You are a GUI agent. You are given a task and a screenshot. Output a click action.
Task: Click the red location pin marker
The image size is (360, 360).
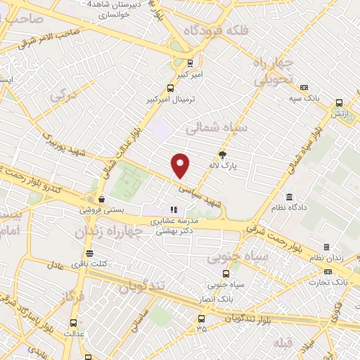coord(181,165)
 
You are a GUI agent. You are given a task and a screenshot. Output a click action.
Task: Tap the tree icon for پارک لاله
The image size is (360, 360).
coord(223,155)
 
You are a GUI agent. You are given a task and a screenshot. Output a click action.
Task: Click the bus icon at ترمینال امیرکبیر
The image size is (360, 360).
coord(170,89)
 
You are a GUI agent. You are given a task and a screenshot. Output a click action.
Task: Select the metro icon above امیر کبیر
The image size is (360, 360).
coord(180,63)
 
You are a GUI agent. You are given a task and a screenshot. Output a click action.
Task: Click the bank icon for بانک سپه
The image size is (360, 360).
coord(304,87)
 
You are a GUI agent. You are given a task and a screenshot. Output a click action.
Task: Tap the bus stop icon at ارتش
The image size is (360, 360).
coord(339,101)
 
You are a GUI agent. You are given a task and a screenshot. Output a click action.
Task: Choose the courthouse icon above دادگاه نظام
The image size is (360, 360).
coord(289,196)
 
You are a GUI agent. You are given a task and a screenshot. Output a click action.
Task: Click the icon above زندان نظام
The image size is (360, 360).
coord(326,247)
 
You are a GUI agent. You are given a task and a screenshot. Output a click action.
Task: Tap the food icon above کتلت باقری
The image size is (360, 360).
coord(89,253)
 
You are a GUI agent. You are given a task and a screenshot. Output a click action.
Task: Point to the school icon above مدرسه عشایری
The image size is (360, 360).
coord(173,210)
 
